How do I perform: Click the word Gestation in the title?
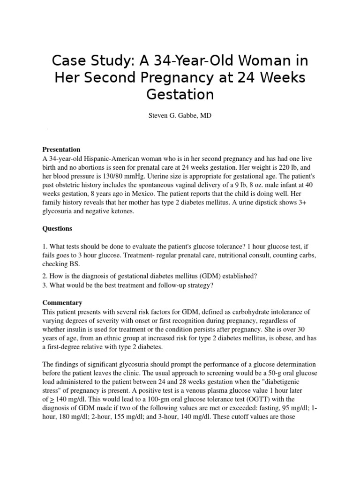coord(180,94)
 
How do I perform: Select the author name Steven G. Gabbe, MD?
coord(180,115)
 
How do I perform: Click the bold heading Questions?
coord(58,229)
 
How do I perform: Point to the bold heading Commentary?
coord(62,303)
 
